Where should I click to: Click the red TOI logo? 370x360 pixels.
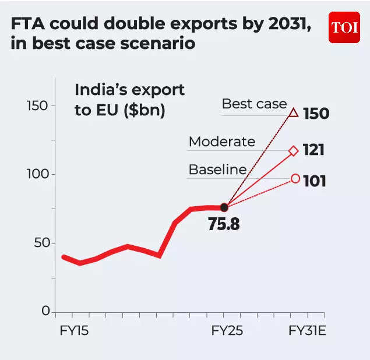(344, 27)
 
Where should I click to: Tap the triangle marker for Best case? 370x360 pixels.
(294, 112)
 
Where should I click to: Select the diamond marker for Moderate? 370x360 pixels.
(294, 151)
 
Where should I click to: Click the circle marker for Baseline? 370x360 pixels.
(295, 178)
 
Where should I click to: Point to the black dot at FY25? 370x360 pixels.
(224, 207)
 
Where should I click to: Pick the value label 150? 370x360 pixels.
(316, 113)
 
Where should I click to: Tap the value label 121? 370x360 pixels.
(313, 151)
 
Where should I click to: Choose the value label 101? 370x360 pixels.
(314, 181)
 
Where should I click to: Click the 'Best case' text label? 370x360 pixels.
(254, 104)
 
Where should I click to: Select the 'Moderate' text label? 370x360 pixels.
(222, 142)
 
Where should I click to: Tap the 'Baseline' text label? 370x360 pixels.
(217, 170)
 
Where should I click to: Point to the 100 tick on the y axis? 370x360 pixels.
(39, 174)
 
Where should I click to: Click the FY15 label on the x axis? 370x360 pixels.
(75, 331)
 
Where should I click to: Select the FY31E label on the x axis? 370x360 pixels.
(308, 331)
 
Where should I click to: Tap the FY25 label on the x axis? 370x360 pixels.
(227, 331)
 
